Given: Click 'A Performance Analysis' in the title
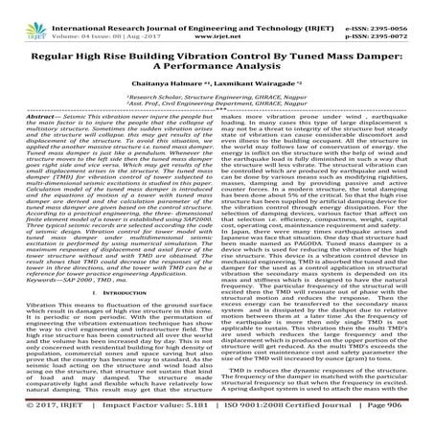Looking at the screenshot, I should coord(217,56).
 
